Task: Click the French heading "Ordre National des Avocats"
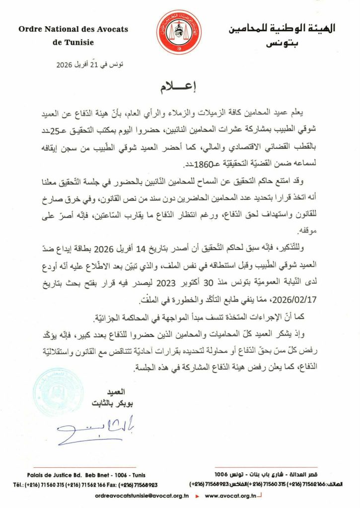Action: pos(73,29)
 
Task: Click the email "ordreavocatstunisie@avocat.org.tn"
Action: pos(142,496)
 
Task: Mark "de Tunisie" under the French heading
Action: pos(73,42)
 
